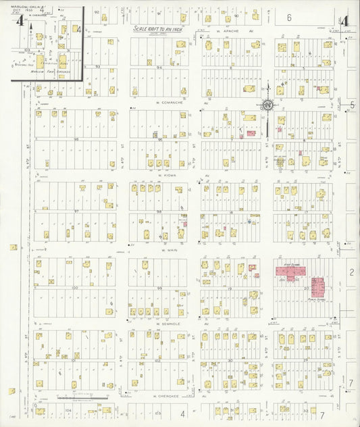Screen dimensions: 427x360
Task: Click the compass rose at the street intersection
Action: pyautogui.click(x=267, y=105)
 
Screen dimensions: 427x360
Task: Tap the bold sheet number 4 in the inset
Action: pyautogui.click(x=20, y=22)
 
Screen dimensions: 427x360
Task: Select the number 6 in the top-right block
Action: pyautogui.click(x=288, y=18)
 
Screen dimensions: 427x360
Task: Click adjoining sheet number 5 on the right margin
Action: pyautogui.click(x=352, y=105)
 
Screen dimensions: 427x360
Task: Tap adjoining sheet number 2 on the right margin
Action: pyautogui.click(x=351, y=272)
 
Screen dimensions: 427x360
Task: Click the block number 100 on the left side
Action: pyautogui.click(x=76, y=288)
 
